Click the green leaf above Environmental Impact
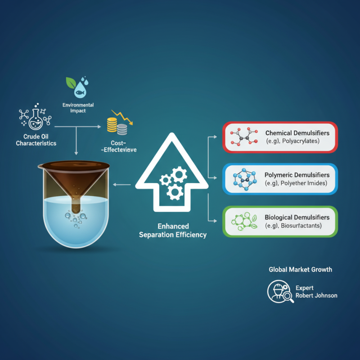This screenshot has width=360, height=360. click(x=71, y=83)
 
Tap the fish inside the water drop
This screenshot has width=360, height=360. click(x=81, y=93)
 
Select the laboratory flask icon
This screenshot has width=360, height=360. click(x=36, y=119)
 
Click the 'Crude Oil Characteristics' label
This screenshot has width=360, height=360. click(x=36, y=140)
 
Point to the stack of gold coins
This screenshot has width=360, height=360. click(x=112, y=125)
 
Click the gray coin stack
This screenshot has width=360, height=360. click(x=122, y=130)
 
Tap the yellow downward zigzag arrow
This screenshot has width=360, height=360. click(x=122, y=117)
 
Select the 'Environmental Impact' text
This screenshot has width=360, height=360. click(x=78, y=108)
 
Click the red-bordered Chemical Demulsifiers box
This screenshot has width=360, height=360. click(x=280, y=137)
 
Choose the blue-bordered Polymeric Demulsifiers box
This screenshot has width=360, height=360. click(x=280, y=179)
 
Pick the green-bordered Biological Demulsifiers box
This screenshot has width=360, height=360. click(x=280, y=221)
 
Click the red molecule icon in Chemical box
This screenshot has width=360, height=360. click(x=244, y=137)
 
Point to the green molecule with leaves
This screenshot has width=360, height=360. click(x=244, y=221)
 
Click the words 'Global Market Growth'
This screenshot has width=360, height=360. click(x=300, y=270)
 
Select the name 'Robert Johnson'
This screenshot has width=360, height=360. click(x=316, y=296)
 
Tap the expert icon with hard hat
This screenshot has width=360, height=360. click(x=280, y=292)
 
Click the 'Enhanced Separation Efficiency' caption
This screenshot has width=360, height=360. click(x=173, y=230)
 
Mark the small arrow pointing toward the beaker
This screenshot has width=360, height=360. click(x=121, y=184)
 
